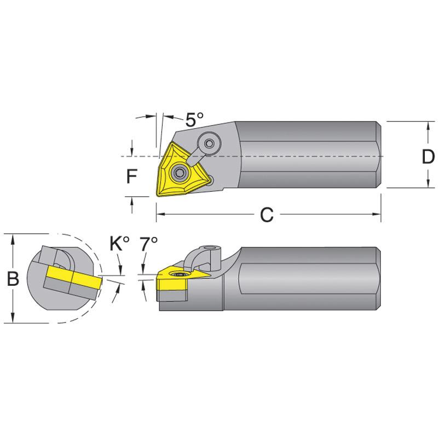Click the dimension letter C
(266, 215)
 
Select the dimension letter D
(428, 157)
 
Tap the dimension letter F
(131, 176)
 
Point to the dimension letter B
(13, 279)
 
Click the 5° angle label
(194, 119)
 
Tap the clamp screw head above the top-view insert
(209, 143)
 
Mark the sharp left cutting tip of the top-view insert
(156, 194)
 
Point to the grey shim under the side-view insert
(173, 296)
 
